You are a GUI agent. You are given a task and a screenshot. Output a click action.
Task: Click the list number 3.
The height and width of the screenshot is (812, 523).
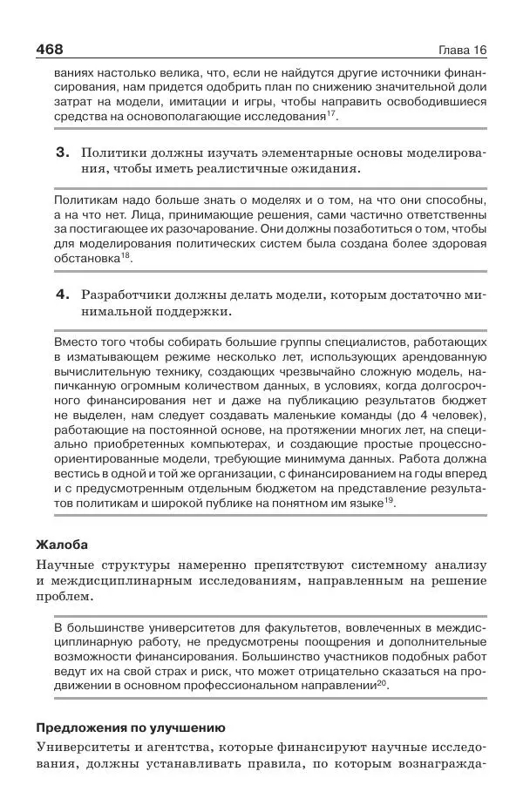62,152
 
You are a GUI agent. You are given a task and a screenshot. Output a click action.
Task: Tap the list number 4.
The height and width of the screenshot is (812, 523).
62,294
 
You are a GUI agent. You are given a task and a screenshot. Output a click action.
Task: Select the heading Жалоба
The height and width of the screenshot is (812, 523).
62,545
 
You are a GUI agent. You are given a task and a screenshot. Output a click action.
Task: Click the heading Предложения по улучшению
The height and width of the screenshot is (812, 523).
131,727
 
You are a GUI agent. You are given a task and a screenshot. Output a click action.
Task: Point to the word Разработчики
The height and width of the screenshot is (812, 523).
122,294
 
